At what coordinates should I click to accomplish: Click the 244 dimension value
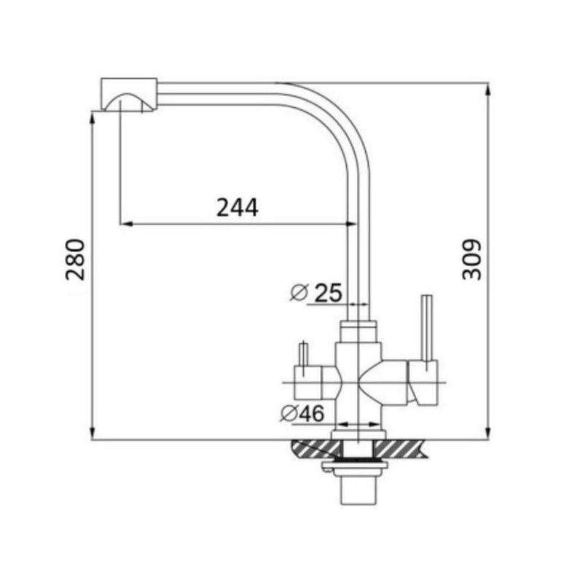pyautogui.click(x=238, y=208)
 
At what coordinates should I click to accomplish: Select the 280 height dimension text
pyautogui.click(x=75, y=259)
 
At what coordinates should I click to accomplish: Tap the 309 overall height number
pyautogui.click(x=471, y=259)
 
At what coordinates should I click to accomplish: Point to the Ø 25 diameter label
pyautogui.click(x=316, y=292)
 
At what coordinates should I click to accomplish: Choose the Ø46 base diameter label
pyautogui.click(x=302, y=413)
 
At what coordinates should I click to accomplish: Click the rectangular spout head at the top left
pyautogui.click(x=129, y=95)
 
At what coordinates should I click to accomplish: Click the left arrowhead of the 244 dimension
pyautogui.click(x=126, y=224)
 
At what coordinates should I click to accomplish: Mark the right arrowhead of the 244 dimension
pyautogui.click(x=351, y=224)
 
